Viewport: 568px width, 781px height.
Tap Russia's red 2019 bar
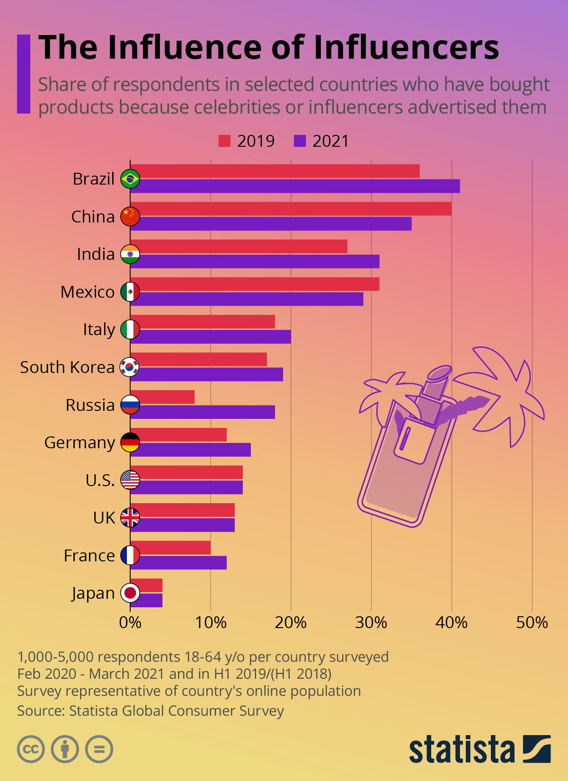162,397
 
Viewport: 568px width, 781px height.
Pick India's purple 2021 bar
254,261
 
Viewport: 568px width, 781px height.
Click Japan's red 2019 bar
146,586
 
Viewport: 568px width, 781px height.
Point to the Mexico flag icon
130,292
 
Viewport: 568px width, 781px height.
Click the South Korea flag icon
130,367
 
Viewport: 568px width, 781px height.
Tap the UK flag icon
130,517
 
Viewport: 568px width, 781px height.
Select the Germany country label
80,443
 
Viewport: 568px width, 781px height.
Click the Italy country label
98,329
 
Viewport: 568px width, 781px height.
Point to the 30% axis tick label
371,622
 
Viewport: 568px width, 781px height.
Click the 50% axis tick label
532,622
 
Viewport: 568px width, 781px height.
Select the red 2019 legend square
224,141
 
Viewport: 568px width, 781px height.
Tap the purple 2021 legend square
300,141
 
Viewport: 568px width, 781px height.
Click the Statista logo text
461,750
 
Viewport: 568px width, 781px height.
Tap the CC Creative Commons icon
31,749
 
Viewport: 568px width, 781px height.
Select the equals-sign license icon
99,749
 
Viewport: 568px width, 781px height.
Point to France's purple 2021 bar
178,563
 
